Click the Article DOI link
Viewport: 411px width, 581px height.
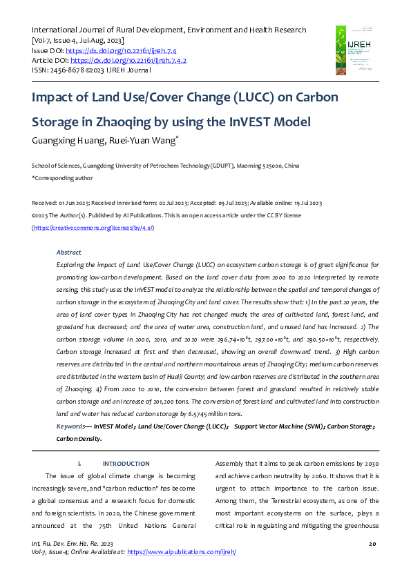pos(128,61)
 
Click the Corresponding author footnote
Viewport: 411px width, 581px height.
pos(62,178)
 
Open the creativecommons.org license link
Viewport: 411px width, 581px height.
pos(93,227)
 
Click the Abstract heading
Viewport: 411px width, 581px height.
pos(69,253)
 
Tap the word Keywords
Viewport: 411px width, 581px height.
pos(72,426)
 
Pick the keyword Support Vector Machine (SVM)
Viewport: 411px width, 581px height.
pos(279,426)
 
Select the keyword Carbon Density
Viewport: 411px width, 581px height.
pos(79,438)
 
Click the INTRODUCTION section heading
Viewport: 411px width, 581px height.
pos(126,463)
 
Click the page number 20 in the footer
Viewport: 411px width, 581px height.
pos(372,545)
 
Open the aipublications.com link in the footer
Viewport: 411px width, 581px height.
pos(182,553)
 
